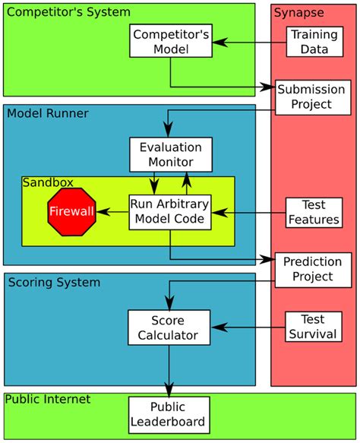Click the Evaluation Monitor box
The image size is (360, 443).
(170, 154)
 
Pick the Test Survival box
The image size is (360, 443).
(311, 327)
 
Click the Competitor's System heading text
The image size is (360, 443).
(68, 12)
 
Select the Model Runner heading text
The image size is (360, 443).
(48, 113)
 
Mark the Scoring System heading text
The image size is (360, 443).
(53, 283)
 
